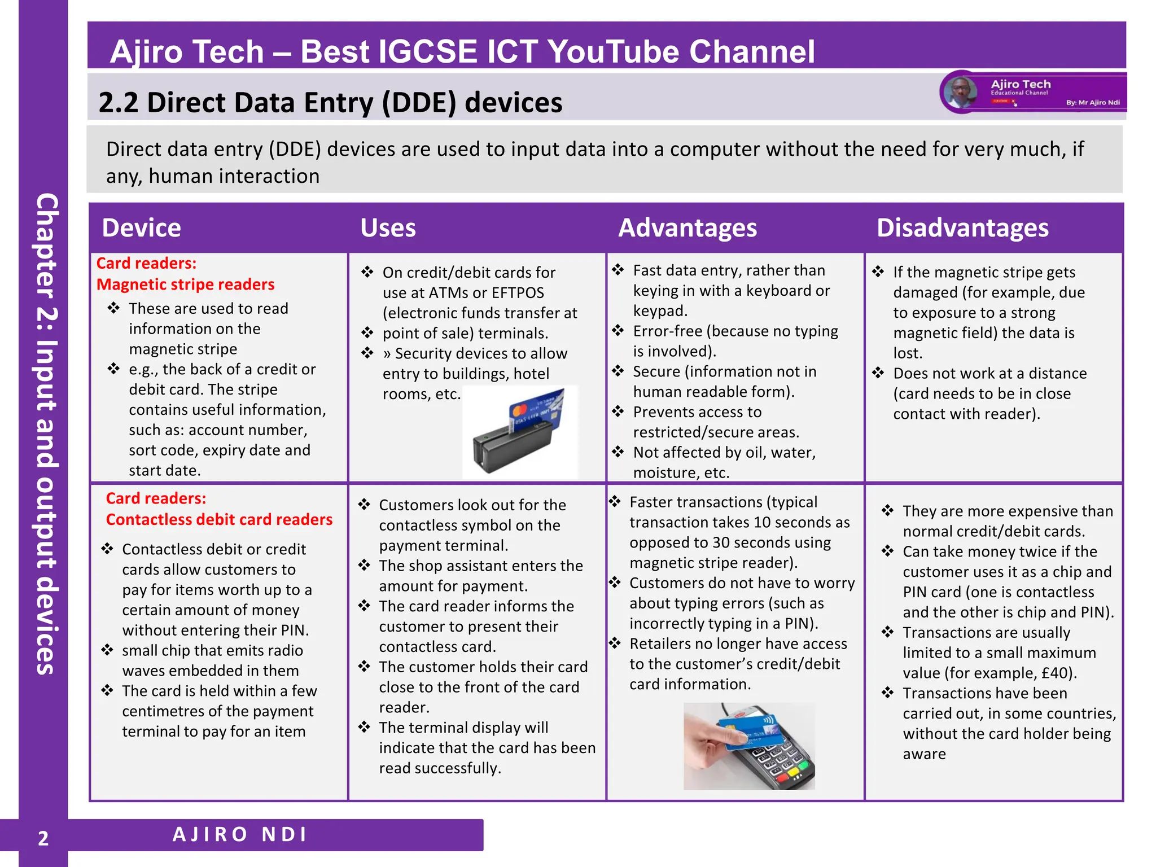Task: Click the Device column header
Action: click(141, 228)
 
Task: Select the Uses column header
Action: click(388, 228)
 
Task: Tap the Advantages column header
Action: click(687, 228)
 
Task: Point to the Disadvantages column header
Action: click(962, 228)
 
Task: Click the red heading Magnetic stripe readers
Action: click(185, 284)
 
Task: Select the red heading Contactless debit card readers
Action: click(219, 519)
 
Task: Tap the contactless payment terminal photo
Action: click(749, 746)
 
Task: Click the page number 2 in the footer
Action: click(43, 839)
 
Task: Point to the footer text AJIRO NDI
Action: click(240, 834)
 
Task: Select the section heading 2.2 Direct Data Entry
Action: click(330, 103)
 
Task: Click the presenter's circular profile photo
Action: click(961, 92)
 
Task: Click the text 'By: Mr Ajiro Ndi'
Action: click(1093, 103)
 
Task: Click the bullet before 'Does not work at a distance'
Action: click(878, 373)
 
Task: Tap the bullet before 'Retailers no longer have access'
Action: click(615, 643)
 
